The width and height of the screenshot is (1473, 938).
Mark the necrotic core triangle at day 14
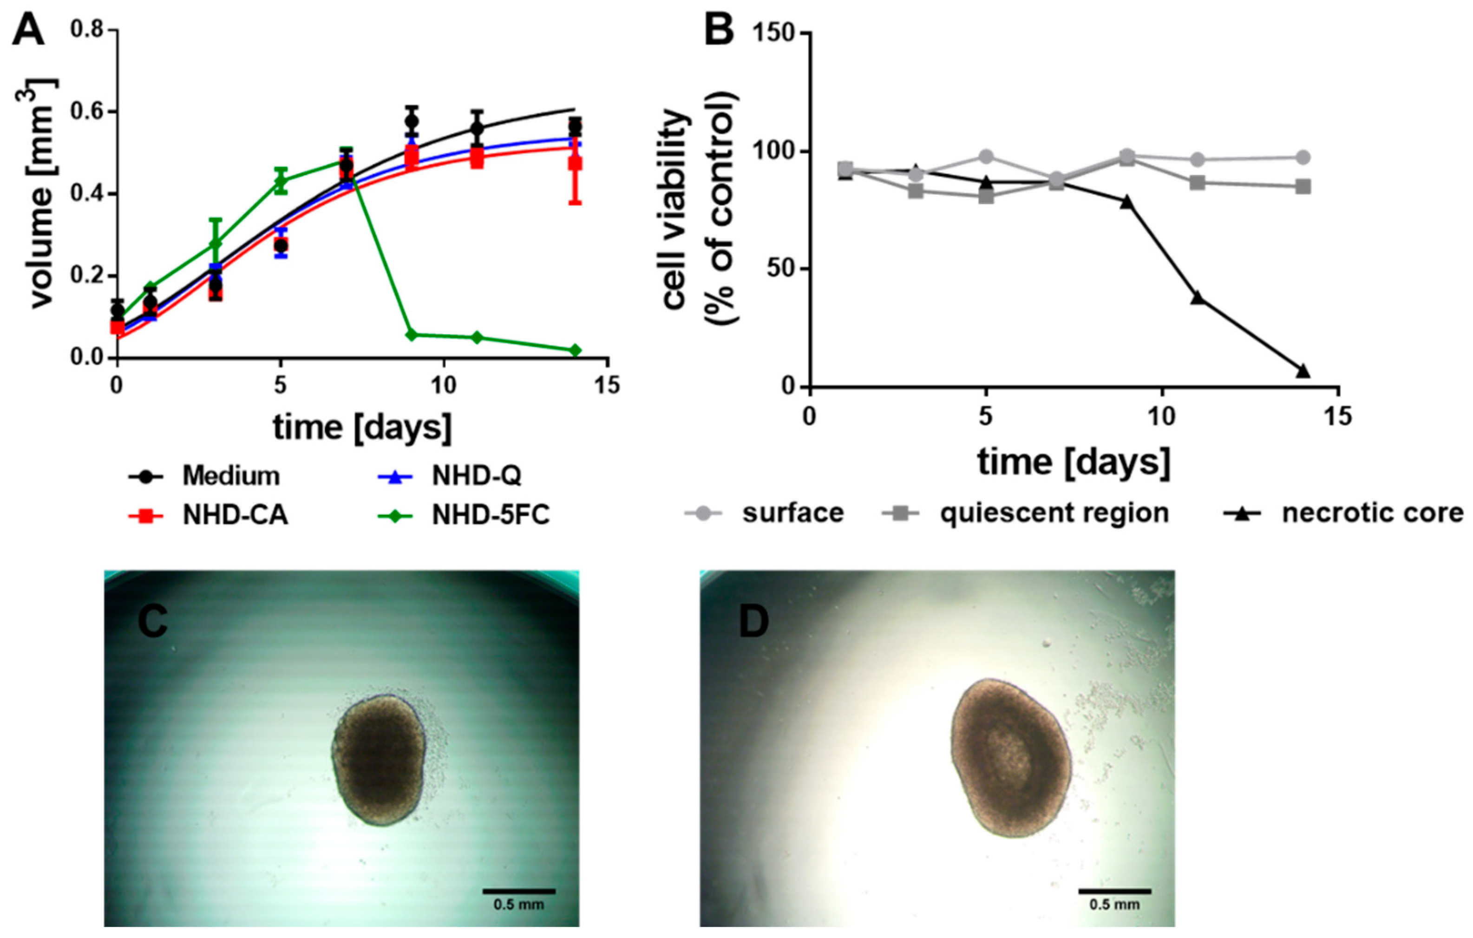coord(1303,371)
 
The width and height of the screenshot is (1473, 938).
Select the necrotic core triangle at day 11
coord(1197,297)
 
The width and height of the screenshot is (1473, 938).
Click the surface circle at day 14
coord(1303,157)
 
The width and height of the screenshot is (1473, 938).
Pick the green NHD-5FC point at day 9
coord(412,335)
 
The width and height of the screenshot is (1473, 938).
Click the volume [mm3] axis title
coord(42,193)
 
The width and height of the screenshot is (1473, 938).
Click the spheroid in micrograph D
coord(1010,758)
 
